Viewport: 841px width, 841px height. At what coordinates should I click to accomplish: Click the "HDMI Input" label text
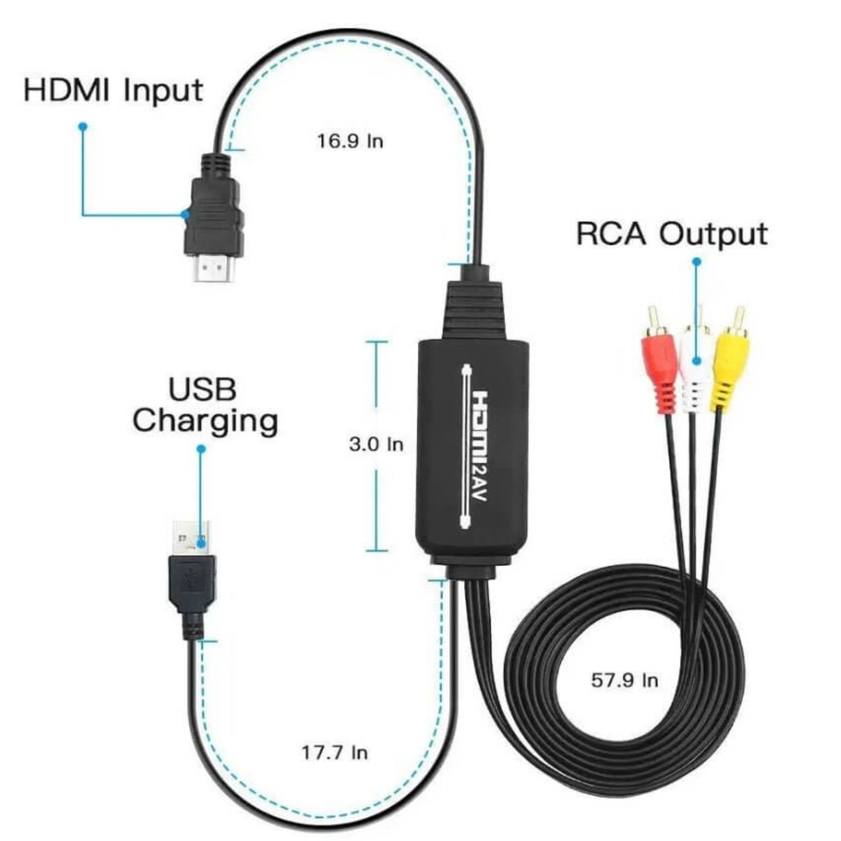[113, 91]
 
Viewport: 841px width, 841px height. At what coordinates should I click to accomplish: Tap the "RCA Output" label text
[672, 235]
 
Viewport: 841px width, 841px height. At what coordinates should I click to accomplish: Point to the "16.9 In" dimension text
[350, 141]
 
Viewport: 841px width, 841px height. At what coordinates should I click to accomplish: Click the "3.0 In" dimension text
[376, 445]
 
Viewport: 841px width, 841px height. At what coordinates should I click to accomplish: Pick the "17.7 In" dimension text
[335, 753]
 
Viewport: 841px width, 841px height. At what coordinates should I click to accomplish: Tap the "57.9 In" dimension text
[624, 680]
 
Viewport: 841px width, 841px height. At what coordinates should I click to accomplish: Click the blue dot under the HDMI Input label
[83, 126]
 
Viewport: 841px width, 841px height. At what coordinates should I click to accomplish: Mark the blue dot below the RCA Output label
[697, 262]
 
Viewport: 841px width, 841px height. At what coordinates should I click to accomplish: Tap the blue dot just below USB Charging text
[201, 449]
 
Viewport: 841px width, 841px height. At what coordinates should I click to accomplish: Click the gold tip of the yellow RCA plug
[739, 318]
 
